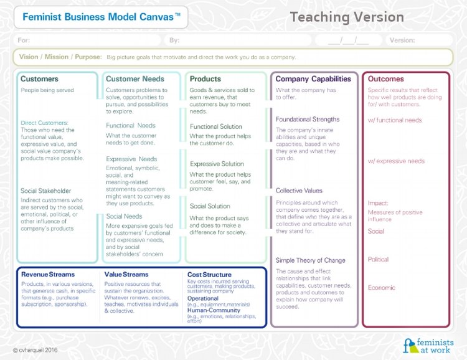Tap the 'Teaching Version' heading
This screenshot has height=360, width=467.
(x=347, y=17)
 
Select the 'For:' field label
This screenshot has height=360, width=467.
(x=24, y=40)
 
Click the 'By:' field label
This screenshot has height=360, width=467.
(x=174, y=40)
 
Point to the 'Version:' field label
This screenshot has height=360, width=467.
(x=402, y=40)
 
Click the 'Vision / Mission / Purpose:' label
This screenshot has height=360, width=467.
(x=60, y=57)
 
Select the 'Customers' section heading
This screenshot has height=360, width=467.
(x=39, y=79)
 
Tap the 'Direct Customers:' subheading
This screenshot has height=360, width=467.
(x=45, y=123)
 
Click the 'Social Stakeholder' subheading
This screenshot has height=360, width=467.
(x=46, y=191)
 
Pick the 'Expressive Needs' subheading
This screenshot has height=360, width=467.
(x=131, y=159)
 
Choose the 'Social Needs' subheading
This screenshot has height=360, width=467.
(x=124, y=216)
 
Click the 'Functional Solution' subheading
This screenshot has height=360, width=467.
(x=216, y=126)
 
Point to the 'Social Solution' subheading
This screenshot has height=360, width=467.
(x=210, y=206)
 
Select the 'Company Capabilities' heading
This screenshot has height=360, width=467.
(x=313, y=79)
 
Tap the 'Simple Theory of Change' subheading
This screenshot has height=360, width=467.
(x=310, y=260)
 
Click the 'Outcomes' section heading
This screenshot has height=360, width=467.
(x=386, y=79)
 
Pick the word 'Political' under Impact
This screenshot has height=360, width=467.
(x=378, y=259)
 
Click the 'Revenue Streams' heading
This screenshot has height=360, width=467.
(x=48, y=274)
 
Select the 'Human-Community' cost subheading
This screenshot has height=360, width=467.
(x=214, y=310)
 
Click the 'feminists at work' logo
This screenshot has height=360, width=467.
(x=428, y=346)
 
